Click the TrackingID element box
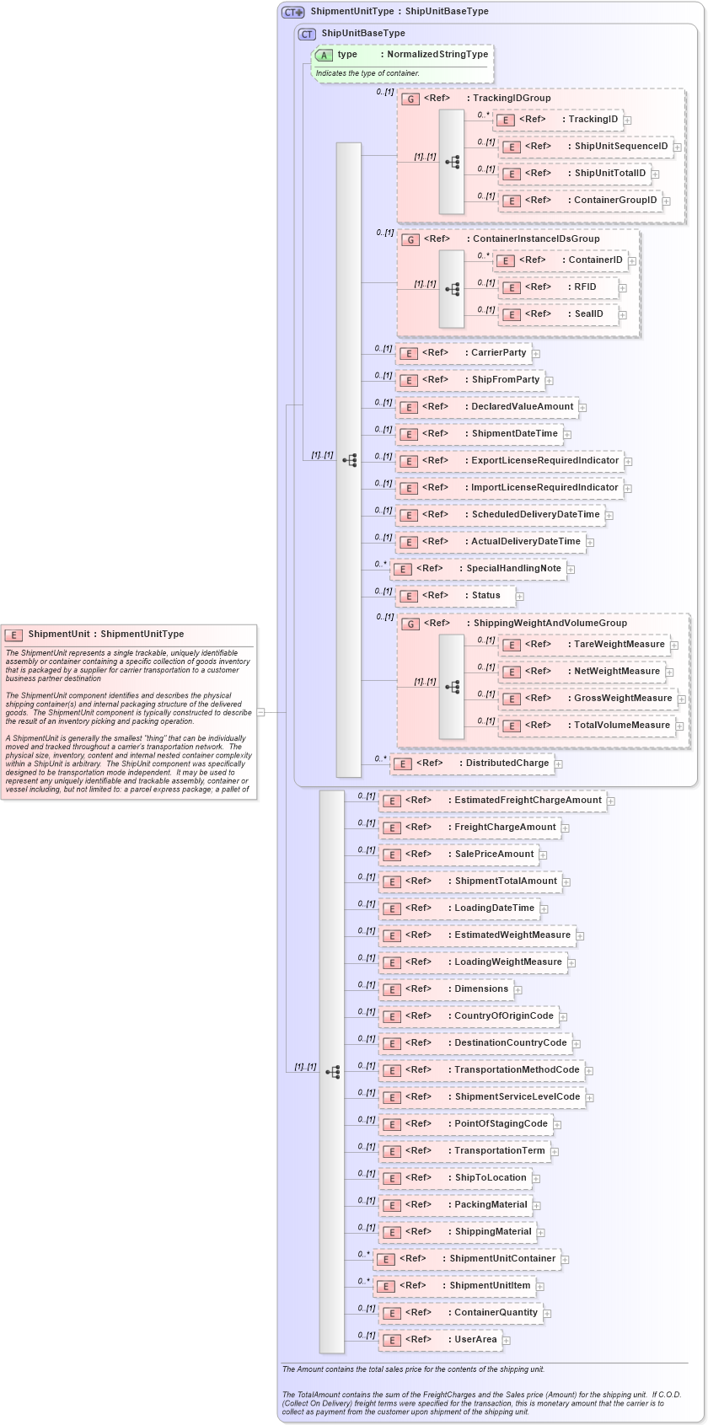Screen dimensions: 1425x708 [x=557, y=120]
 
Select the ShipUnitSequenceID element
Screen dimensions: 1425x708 [x=586, y=147]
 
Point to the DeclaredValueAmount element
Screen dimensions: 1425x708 [x=487, y=407]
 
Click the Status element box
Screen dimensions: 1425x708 [x=455, y=596]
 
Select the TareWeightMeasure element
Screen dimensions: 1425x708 [x=584, y=645]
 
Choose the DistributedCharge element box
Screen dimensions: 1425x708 [x=472, y=763]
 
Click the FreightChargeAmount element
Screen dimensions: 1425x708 [x=469, y=828]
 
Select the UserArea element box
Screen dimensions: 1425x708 [x=440, y=1340]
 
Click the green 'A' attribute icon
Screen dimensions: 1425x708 [x=324, y=55]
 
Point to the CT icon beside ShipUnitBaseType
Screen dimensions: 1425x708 [x=307, y=34]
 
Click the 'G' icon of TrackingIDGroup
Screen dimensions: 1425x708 [x=410, y=99]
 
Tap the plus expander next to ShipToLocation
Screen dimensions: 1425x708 [x=536, y=1179]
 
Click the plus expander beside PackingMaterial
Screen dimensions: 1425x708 [x=537, y=1206]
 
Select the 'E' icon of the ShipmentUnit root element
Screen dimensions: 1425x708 [x=13, y=635]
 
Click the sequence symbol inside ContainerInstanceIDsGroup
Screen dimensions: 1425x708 [x=453, y=288]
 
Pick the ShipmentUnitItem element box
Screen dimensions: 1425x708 [x=455, y=1286]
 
